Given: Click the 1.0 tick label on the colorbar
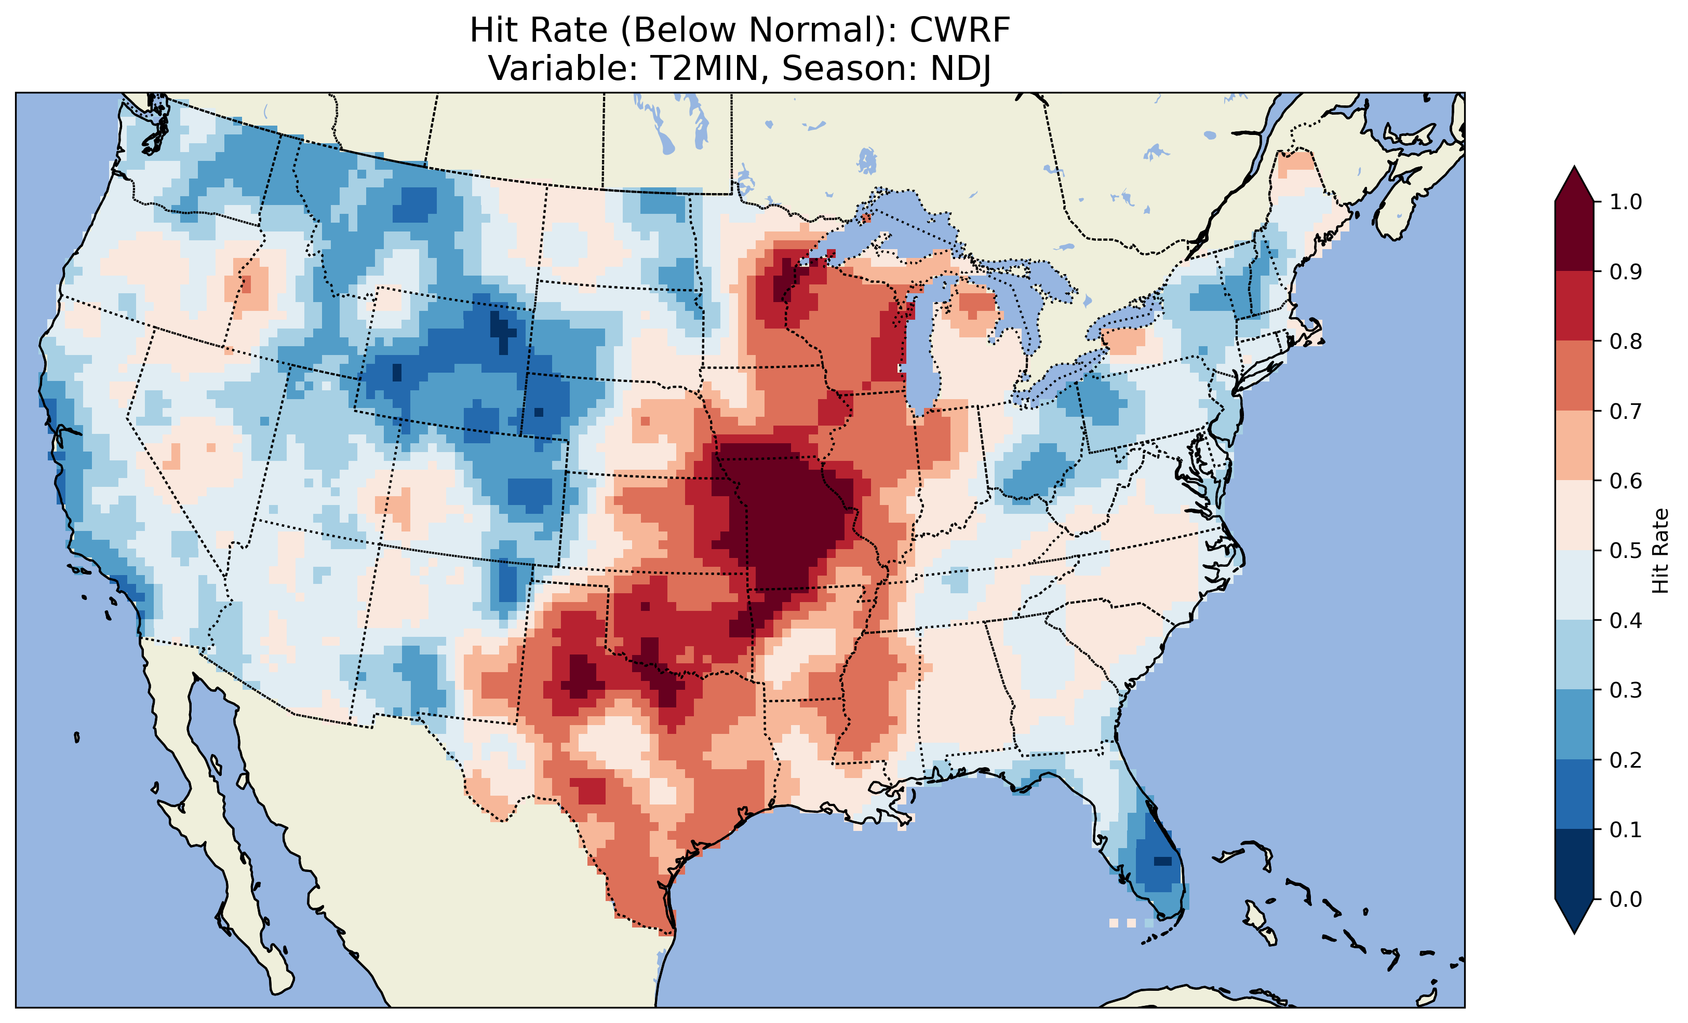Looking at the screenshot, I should click(1626, 202).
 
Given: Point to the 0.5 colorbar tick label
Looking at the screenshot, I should click(1626, 551).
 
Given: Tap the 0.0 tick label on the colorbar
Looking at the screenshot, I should click(1626, 899).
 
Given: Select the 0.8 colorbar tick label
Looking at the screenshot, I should click(1626, 341).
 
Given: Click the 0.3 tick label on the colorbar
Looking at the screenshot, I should click(1626, 690).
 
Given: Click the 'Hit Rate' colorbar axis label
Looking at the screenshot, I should click(1660, 551).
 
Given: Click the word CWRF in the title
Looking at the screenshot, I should click(959, 30).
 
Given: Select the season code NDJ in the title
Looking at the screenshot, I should click(960, 69).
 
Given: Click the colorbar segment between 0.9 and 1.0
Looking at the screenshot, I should click(1574, 236).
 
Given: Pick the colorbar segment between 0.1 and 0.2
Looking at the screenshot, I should click(1574, 794).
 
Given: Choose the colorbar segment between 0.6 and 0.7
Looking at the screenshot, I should click(1574, 445).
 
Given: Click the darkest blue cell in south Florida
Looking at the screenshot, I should click(1162, 861).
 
